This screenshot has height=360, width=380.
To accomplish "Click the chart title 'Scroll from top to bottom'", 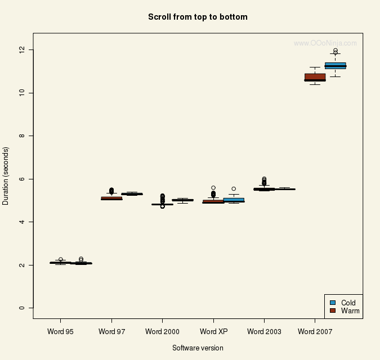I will click(x=198, y=17).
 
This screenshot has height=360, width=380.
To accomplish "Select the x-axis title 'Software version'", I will click(x=198, y=348).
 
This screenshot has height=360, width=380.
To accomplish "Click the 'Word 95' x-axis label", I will click(x=61, y=331).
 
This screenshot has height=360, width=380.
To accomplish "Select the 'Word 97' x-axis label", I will click(x=111, y=331).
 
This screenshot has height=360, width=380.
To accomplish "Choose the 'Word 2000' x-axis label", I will click(x=162, y=331).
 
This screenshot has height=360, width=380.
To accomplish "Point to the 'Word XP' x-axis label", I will click(x=213, y=331).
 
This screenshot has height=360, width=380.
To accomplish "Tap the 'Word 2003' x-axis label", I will click(x=264, y=331).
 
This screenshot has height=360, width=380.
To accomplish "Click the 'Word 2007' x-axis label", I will click(x=315, y=331).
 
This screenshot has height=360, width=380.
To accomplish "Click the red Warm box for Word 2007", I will click(x=315, y=77).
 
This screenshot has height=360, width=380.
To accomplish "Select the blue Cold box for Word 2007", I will click(x=336, y=65).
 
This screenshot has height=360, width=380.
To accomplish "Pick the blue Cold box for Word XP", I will click(x=234, y=200).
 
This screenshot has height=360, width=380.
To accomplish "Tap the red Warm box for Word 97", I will click(x=111, y=198).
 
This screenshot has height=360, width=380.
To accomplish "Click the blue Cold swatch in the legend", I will click(x=333, y=303).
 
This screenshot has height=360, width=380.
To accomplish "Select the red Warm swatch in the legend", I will click(x=333, y=310).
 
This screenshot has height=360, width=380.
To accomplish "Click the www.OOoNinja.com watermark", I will click(x=325, y=43).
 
